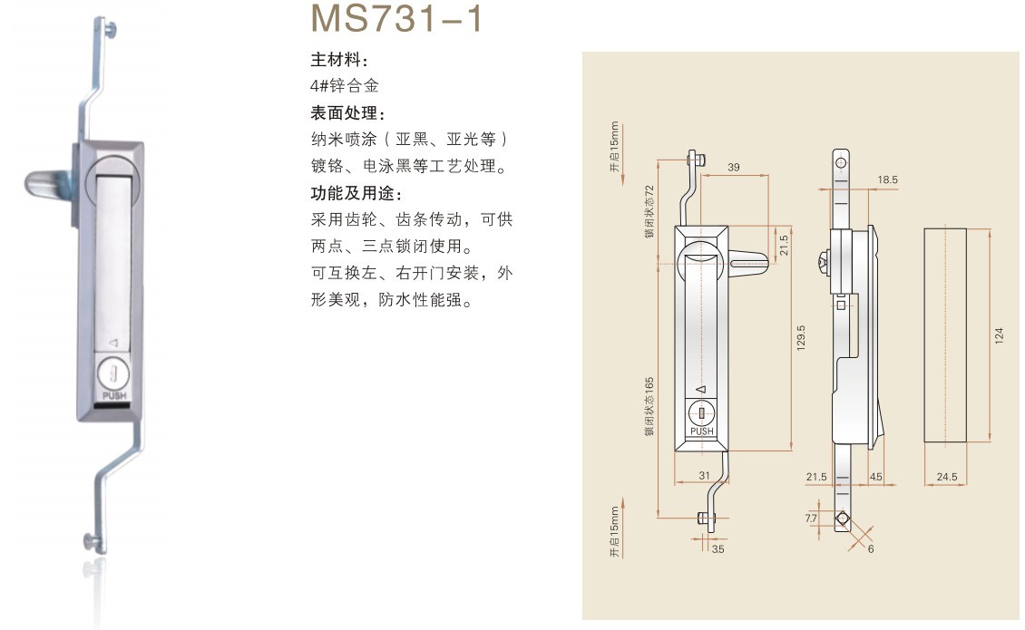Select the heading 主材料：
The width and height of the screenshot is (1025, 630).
coord(340,60)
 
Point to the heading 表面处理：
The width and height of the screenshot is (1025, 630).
coord(348,114)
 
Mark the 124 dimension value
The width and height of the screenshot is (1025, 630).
coord(1000,335)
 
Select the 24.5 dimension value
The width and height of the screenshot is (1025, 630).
coord(946,477)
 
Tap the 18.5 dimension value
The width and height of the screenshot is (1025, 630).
coord(887,180)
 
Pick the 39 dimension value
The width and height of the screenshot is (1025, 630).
coord(734,167)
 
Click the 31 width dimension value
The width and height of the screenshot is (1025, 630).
coord(705,477)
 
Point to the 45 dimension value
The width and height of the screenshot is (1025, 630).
coord(876,477)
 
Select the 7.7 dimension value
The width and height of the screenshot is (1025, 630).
coord(811,519)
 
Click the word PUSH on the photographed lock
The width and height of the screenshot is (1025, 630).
coord(114,395)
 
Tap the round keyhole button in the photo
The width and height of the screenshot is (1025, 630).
coord(113,373)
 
